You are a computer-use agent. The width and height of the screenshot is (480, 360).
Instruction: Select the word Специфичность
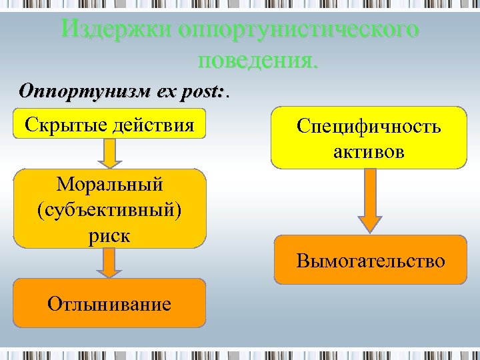point(369,127)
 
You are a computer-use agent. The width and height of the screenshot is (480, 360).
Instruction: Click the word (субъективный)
point(110,208)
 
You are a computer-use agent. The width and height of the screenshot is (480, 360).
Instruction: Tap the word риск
point(110,235)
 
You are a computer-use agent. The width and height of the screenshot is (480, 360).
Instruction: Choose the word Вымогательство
point(371,260)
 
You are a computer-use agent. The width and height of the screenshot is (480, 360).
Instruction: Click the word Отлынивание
point(109,305)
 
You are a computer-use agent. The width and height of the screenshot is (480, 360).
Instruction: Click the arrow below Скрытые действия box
point(111,153)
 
